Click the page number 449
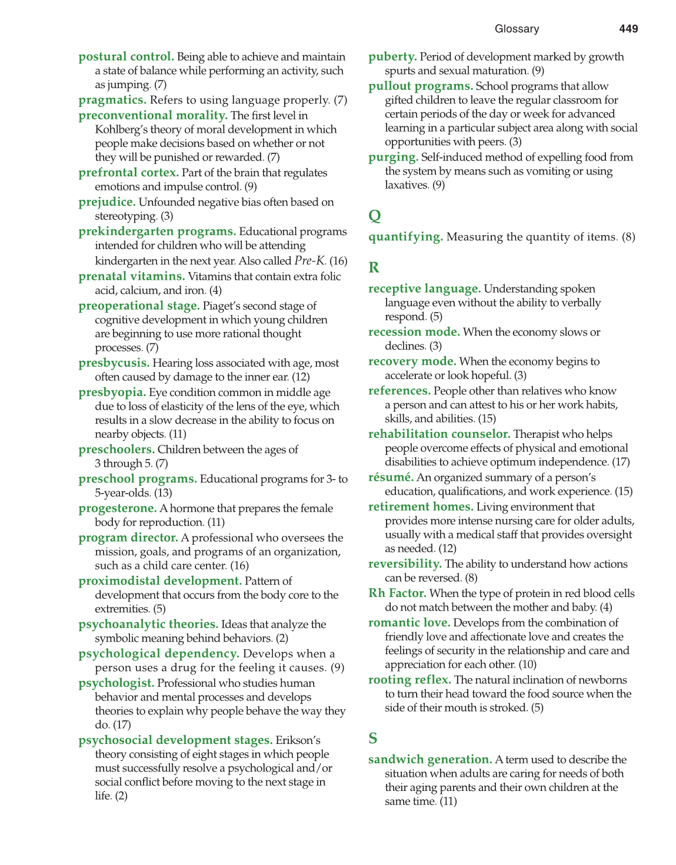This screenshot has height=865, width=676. (x=628, y=29)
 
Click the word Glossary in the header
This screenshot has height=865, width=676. (x=517, y=29)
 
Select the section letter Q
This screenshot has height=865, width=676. (x=375, y=216)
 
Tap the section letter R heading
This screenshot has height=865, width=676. (x=374, y=267)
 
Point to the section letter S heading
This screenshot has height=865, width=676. (x=373, y=738)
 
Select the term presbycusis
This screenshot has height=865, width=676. (x=114, y=363)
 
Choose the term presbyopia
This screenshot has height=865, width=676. (x=112, y=393)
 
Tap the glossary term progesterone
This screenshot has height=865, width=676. (x=118, y=508)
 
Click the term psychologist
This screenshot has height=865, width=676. (x=116, y=683)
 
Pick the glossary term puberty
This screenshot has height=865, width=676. (x=392, y=57)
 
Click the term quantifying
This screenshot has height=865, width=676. (x=405, y=237)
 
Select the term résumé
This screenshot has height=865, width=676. (x=391, y=477)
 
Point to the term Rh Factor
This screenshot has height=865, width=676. (x=397, y=593)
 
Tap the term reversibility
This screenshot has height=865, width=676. (x=405, y=564)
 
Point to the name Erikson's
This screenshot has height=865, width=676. (x=298, y=740)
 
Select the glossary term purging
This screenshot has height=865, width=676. (x=393, y=157)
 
